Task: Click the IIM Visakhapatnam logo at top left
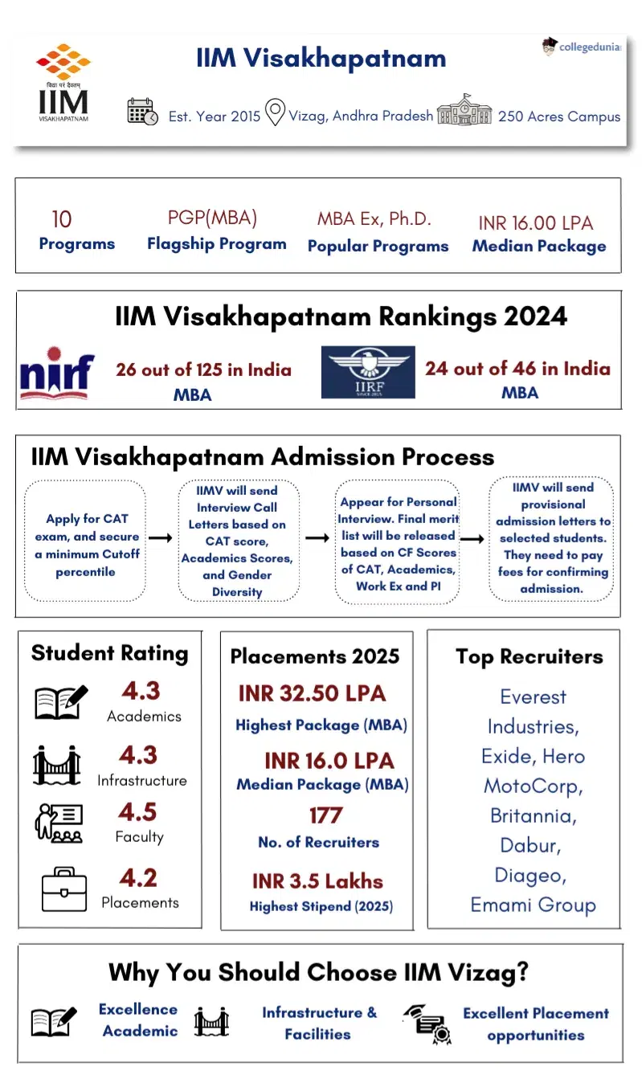(63, 84)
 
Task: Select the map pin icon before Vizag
(275, 112)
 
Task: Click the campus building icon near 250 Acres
(464, 110)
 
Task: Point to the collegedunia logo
(581, 47)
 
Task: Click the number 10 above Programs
(62, 219)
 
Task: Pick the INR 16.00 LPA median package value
(535, 223)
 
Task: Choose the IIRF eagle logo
(368, 372)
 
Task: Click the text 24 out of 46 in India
(517, 369)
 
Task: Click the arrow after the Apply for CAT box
(161, 537)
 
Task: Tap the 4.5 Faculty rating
(138, 811)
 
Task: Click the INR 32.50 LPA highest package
(312, 693)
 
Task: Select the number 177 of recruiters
(325, 815)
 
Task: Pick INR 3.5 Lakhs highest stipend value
(317, 881)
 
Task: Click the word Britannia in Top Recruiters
(534, 815)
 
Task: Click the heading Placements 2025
(315, 656)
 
